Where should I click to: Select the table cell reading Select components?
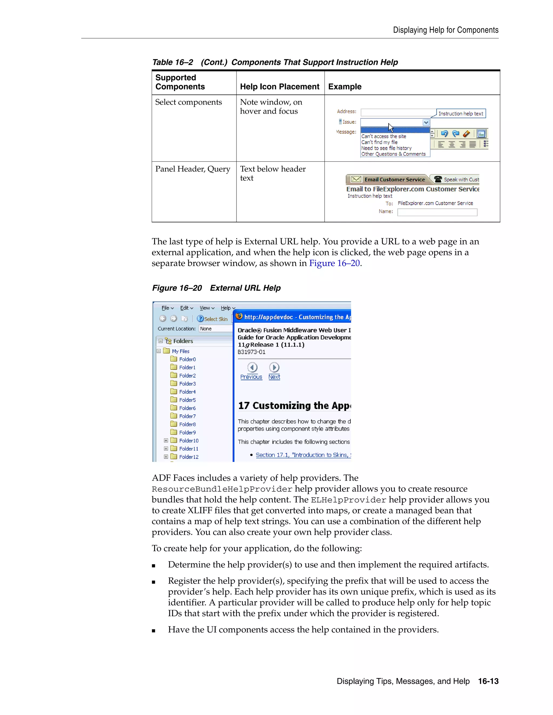188,102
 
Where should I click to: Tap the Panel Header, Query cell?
193,169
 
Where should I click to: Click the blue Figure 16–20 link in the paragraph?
334,263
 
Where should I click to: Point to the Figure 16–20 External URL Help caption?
216,288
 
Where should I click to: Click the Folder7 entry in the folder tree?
187,416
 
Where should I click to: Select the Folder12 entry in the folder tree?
188,457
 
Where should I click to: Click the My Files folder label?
181,351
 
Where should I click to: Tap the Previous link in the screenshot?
251,377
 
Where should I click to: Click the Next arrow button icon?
274,367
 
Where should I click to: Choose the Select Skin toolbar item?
212,319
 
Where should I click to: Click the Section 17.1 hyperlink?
301,455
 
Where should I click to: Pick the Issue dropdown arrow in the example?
426,122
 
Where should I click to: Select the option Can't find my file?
379,142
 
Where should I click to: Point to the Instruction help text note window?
461,114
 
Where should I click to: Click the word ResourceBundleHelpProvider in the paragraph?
222,489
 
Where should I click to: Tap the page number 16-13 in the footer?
488,681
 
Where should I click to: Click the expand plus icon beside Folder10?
166,441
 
